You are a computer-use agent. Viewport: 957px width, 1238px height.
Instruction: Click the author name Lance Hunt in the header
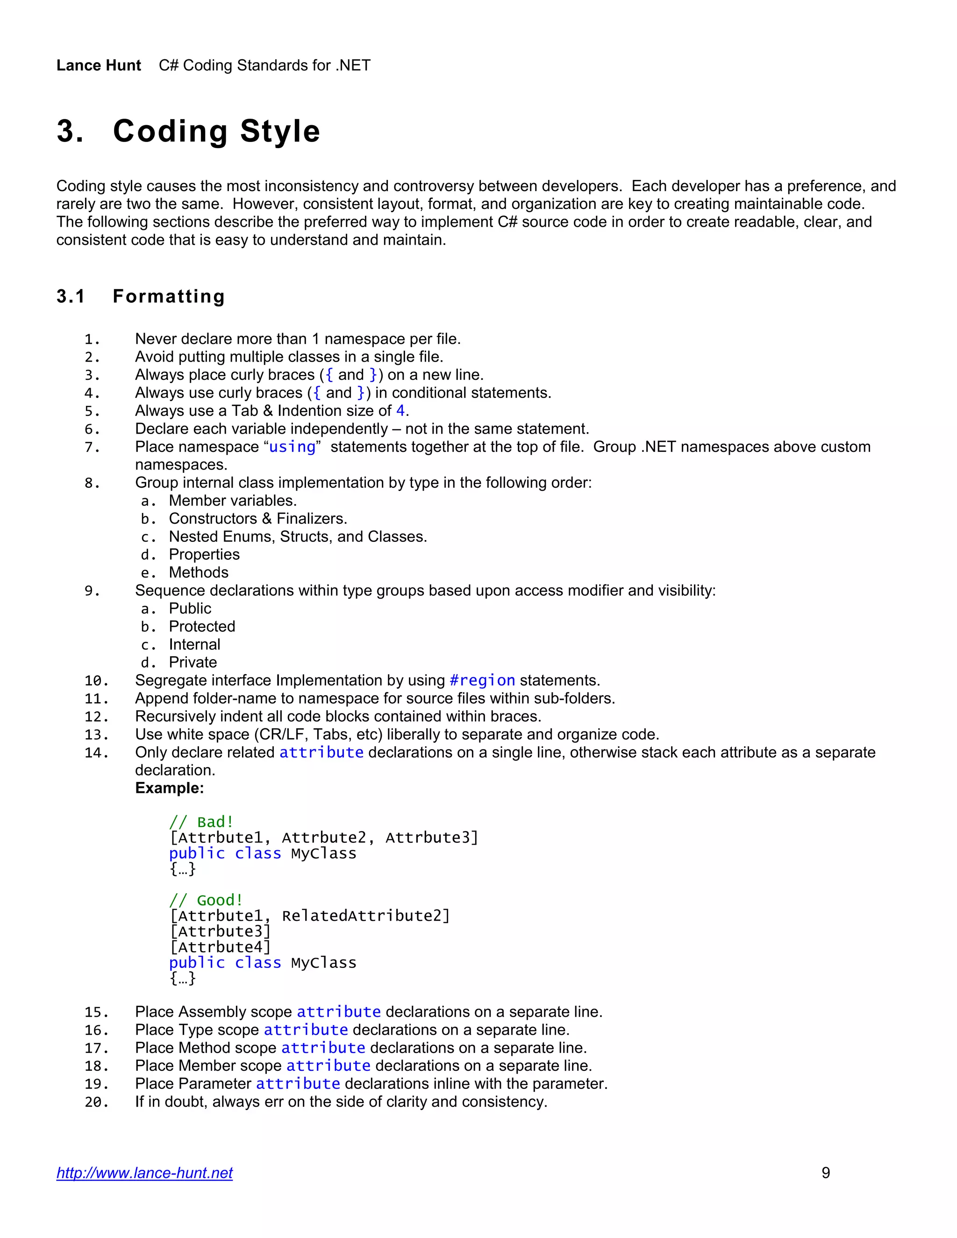pos(99,66)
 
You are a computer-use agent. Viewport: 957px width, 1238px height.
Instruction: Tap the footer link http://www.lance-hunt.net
pos(144,1173)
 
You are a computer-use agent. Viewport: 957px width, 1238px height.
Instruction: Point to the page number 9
pos(826,1173)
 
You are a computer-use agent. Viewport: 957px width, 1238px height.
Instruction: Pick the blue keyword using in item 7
pos(292,447)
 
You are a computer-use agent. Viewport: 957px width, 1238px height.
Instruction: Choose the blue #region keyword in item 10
pos(482,680)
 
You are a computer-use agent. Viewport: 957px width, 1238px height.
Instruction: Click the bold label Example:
pos(169,789)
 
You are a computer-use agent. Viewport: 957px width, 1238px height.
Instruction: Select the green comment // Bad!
pos(201,822)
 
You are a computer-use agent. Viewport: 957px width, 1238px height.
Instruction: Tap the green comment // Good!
pos(206,900)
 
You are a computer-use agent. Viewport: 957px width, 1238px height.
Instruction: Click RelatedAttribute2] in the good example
pos(366,916)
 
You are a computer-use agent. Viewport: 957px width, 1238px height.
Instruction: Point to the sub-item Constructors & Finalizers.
pos(258,519)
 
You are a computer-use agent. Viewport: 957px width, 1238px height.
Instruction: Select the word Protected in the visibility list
pos(202,626)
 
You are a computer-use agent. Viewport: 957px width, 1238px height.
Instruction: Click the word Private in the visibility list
pos(193,662)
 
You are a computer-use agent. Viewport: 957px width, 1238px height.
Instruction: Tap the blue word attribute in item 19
pos(298,1084)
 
